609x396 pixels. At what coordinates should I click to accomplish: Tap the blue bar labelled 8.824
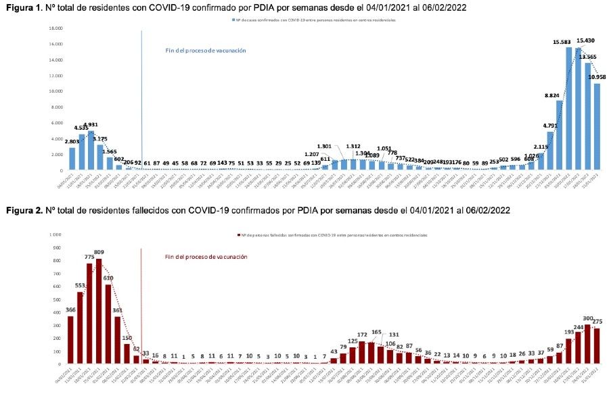click(560, 135)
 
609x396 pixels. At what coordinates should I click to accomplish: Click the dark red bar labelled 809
click(99, 311)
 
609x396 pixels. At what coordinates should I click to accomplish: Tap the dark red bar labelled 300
click(587, 344)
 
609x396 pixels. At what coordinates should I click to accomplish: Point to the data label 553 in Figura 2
click(79, 285)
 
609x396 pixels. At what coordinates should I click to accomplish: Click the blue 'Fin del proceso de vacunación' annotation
click(206, 51)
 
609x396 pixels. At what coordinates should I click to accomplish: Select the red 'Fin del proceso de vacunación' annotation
click(206, 257)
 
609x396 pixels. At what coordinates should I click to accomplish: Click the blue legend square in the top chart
click(232, 21)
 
